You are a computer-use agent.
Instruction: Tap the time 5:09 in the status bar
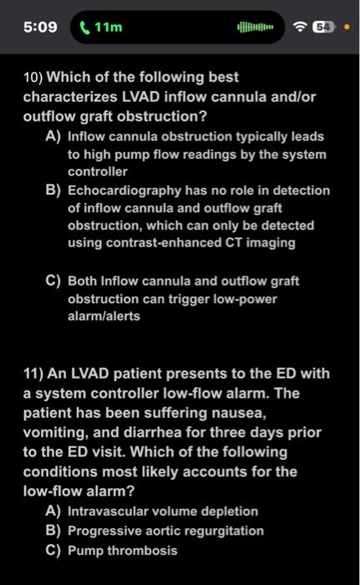(39, 27)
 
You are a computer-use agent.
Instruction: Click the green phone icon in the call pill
(85, 27)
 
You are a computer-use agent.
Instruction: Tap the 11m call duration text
(109, 27)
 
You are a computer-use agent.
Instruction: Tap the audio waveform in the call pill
(256, 27)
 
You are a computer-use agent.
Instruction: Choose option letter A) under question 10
(53, 135)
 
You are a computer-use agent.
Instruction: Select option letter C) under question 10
(53, 282)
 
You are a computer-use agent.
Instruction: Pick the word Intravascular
(106, 511)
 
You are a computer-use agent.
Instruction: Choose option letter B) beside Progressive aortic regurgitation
(53, 531)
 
